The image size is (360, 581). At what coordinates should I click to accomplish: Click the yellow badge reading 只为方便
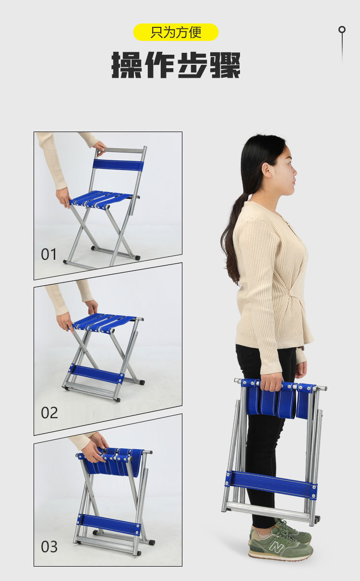coord(176,32)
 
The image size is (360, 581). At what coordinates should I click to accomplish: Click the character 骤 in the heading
coord(225,65)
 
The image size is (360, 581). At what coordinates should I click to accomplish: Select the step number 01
coord(49,254)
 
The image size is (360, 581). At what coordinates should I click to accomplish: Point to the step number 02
coord(49,412)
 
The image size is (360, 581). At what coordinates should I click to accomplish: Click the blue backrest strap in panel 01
coord(118,165)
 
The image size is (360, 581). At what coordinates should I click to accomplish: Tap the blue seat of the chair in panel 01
coord(101,199)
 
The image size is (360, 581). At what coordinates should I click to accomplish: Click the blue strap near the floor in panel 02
coord(96,374)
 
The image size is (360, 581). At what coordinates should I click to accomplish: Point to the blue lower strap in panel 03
coord(109,524)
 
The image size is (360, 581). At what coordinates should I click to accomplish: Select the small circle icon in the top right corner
coord(342,29)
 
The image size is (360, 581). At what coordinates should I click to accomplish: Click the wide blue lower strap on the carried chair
coord(271,485)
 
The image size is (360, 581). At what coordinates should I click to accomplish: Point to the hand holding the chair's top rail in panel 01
coord(99,146)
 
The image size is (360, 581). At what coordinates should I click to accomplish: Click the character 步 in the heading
coord(192,65)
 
